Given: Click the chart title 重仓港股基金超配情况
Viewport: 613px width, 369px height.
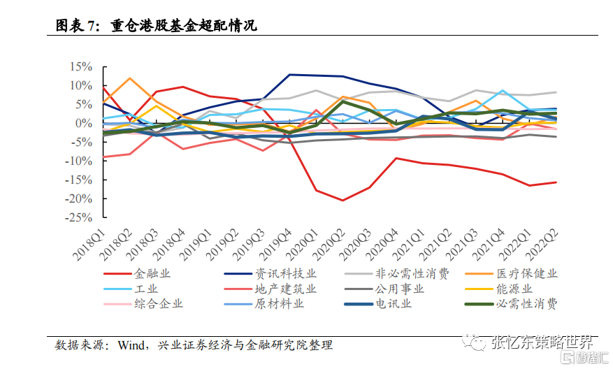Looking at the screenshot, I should [x=184, y=27].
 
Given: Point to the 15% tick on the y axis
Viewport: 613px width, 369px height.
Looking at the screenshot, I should [x=81, y=67].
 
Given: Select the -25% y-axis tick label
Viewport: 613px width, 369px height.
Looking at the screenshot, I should [x=80, y=218].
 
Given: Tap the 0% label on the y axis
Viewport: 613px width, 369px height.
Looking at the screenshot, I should [x=85, y=124].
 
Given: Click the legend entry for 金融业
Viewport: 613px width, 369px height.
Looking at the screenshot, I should [x=151, y=274].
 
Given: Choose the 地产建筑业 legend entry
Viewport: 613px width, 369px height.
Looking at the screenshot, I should [x=276, y=289].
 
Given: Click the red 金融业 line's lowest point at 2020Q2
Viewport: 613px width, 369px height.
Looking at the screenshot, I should [x=342, y=201].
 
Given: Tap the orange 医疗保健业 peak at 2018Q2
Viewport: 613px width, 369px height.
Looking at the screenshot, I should [x=130, y=78].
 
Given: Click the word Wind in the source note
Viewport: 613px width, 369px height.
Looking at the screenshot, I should [x=131, y=345].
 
